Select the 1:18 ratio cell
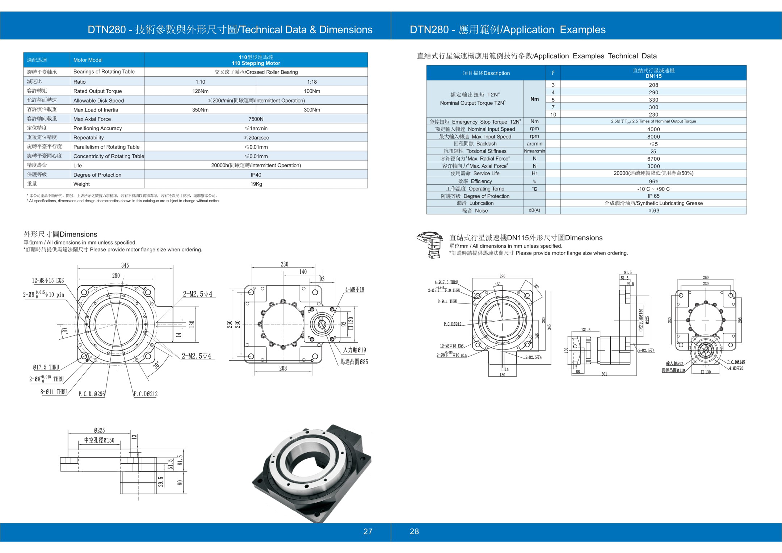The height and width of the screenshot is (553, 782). (312, 82)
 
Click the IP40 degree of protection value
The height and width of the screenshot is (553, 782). (256, 175)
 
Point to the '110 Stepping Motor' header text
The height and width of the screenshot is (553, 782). (256, 63)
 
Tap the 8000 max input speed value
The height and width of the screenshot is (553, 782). (653, 137)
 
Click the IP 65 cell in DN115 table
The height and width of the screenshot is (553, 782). (653, 196)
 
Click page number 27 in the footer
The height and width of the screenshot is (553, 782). (368, 531)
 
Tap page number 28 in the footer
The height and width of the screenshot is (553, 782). (414, 531)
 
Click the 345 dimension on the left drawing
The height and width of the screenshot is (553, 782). (125, 265)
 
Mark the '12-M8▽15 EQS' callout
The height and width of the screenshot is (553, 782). (48, 281)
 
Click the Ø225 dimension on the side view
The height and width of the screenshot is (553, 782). (99, 430)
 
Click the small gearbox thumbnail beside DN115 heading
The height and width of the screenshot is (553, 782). (430, 245)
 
